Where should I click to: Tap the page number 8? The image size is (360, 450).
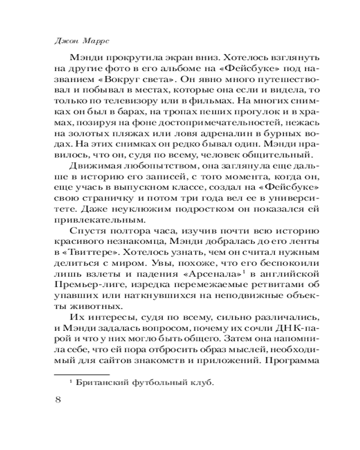57,401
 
